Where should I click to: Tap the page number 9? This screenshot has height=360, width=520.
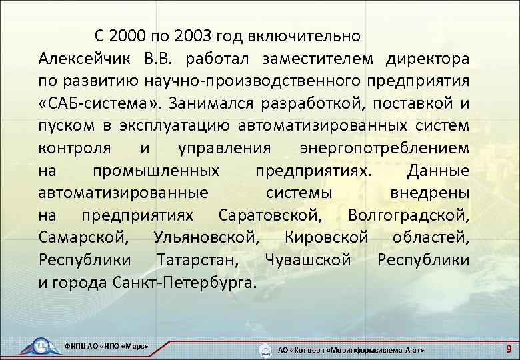click(x=508, y=348)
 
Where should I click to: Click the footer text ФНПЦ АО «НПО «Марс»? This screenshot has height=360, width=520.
click(x=105, y=345)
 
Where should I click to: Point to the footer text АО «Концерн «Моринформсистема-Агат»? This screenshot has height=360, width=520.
click(x=350, y=349)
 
